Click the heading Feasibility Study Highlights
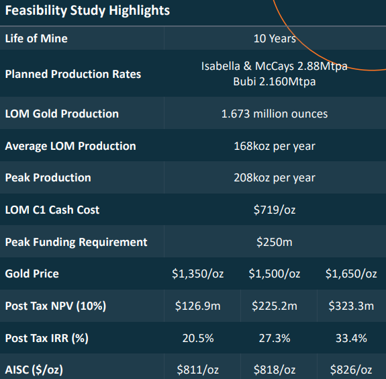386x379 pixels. pos(87,11)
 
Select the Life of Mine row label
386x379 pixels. pos(36,39)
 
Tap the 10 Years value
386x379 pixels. pos(275,39)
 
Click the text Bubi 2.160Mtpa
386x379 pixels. pos(275,81)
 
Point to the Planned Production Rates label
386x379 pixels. pos(73,74)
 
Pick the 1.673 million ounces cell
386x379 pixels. pos(275,114)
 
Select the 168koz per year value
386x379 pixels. pos(275,146)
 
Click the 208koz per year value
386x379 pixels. pos(275,178)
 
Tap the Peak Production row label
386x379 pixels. pos(48,178)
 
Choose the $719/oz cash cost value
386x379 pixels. pos(275,210)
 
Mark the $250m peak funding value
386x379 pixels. pos(275,242)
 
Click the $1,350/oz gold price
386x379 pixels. pos(198,274)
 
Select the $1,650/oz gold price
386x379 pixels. pos(351,274)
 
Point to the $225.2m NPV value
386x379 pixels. pos(275,306)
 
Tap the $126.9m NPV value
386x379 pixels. pos(198,306)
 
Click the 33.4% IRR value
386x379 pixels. pos(351,338)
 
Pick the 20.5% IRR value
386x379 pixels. pos(198,338)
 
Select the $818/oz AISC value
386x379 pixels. pos(275,370)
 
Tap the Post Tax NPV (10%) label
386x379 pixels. pos(56,306)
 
